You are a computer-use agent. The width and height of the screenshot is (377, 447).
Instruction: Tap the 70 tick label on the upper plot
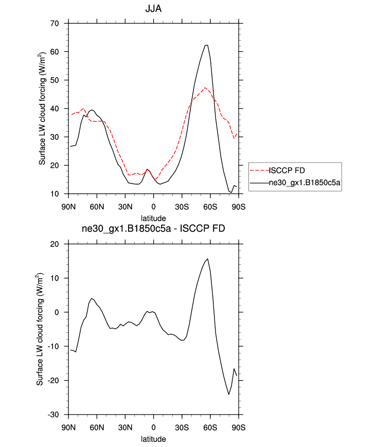click(57, 24)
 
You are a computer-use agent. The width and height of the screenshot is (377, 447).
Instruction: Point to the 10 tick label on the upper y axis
click(57, 194)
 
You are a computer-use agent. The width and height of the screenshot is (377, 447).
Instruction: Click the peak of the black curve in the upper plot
click(206, 45)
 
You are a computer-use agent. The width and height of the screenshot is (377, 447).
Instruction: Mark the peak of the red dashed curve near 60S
click(205, 87)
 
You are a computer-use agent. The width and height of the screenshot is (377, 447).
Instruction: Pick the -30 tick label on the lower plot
click(56, 415)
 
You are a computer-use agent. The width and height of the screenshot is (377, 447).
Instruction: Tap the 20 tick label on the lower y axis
click(57, 244)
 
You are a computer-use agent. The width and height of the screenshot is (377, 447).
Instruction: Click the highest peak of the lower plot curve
click(207, 259)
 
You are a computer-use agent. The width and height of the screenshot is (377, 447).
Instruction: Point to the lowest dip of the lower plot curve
click(229, 395)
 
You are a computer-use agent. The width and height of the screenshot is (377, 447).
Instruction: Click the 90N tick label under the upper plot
click(68, 206)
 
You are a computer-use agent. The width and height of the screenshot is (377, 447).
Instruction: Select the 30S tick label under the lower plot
click(182, 427)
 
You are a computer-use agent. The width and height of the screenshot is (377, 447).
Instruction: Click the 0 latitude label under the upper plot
click(153, 206)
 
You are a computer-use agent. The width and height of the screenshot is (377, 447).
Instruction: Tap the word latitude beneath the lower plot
click(153, 439)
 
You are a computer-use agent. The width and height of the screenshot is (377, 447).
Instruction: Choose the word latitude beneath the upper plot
click(153, 219)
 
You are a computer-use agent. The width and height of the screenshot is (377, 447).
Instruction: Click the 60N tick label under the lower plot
click(97, 427)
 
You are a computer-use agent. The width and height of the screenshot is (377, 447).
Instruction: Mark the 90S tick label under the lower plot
click(238, 427)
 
